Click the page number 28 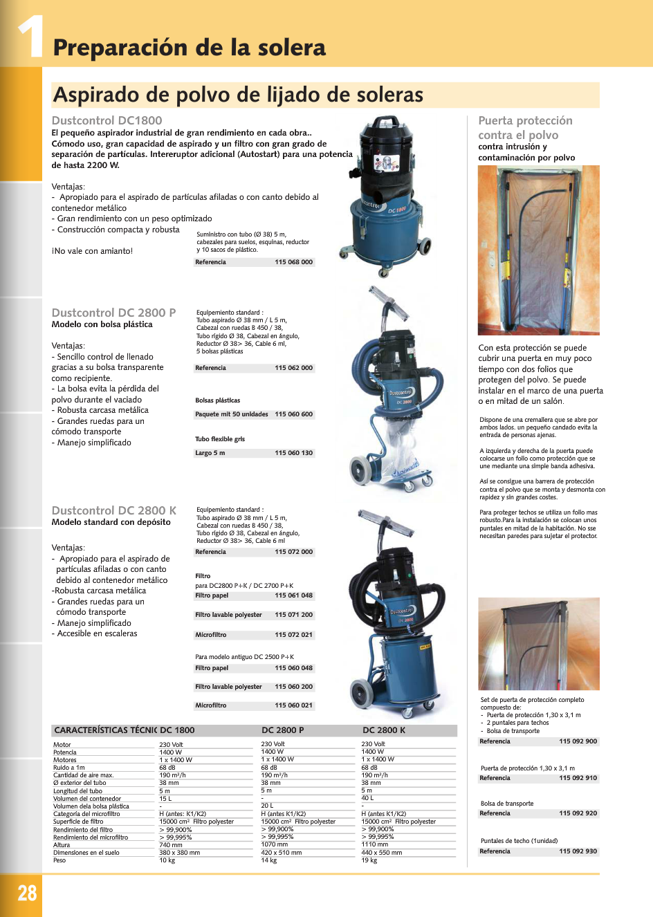[x=27, y=892]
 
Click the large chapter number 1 [x=31, y=36]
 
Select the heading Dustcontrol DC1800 [x=107, y=120]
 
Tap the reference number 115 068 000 [x=293, y=262]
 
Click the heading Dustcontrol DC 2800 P [x=113, y=313]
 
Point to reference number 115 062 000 [x=293, y=368]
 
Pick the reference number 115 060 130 [x=293, y=453]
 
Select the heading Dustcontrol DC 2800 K [x=113, y=510]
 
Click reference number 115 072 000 [x=293, y=552]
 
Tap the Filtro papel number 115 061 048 [x=293, y=595]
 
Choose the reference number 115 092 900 [x=578, y=741]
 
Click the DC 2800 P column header [x=282, y=730]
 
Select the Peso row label [x=59, y=860]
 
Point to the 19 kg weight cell [x=369, y=860]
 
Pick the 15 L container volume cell [x=165, y=799]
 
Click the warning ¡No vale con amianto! [x=92, y=251]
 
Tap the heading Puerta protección [x=525, y=121]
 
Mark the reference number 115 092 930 [x=578, y=851]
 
